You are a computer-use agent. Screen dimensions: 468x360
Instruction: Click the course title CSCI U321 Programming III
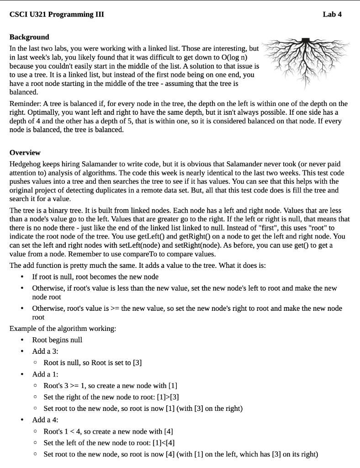[x=57, y=14]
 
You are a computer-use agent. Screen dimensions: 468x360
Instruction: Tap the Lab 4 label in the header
[x=332, y=14]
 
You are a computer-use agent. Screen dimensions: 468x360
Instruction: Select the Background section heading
[x=29, y=37]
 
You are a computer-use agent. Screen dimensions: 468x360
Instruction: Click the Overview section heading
[x=25, y=152]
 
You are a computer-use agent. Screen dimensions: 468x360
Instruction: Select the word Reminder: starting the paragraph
[x=25, y=104]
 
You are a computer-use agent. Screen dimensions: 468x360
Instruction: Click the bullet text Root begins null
[x=57, y=340]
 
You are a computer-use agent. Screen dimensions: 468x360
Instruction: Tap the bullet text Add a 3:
[x=45, y=351]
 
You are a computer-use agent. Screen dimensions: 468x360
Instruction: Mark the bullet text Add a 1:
[x=45, y=374]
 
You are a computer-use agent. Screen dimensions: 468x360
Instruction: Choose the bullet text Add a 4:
[x=45, y=420]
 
